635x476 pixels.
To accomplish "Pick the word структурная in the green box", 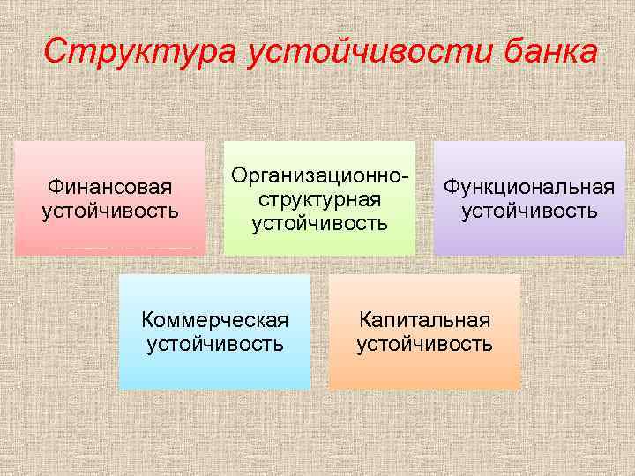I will [319, 199].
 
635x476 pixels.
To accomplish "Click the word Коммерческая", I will [215, 319].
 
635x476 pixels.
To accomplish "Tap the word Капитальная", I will [424, 319].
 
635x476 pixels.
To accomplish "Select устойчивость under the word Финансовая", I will [110, 212].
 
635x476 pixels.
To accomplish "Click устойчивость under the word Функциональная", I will [529, 212].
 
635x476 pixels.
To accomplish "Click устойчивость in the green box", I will [319, 223].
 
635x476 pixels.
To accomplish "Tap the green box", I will [319, 243].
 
